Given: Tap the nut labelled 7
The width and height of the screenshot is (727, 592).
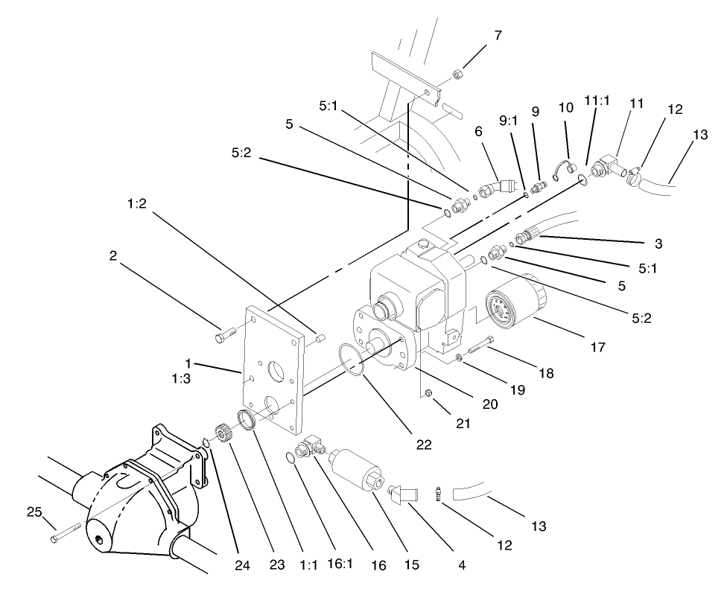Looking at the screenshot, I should [459, 75].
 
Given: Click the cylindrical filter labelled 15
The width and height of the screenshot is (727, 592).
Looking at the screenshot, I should [357, 467].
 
